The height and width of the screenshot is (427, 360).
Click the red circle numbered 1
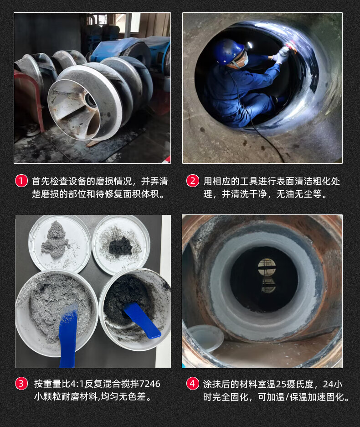click(x=21, y=181)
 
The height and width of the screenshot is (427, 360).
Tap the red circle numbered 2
click(x=193, y=181)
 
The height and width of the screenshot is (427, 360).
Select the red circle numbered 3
click(x=21, y=384)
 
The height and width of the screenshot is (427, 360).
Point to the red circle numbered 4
click(x=193, y=384)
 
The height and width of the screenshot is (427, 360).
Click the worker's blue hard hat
click(x=228, y=51)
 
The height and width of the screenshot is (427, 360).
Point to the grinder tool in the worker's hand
click(x=286, y=51)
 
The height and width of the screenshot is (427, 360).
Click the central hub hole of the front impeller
click(x=90, y=100)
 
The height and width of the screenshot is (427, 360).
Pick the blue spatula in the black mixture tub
click(x=142, y=320)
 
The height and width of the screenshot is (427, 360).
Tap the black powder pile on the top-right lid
click(x=121, y=245)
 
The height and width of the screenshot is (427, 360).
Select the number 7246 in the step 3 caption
click(x=150, y=384)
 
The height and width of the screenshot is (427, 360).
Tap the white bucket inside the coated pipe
click(x=206, y=338)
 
